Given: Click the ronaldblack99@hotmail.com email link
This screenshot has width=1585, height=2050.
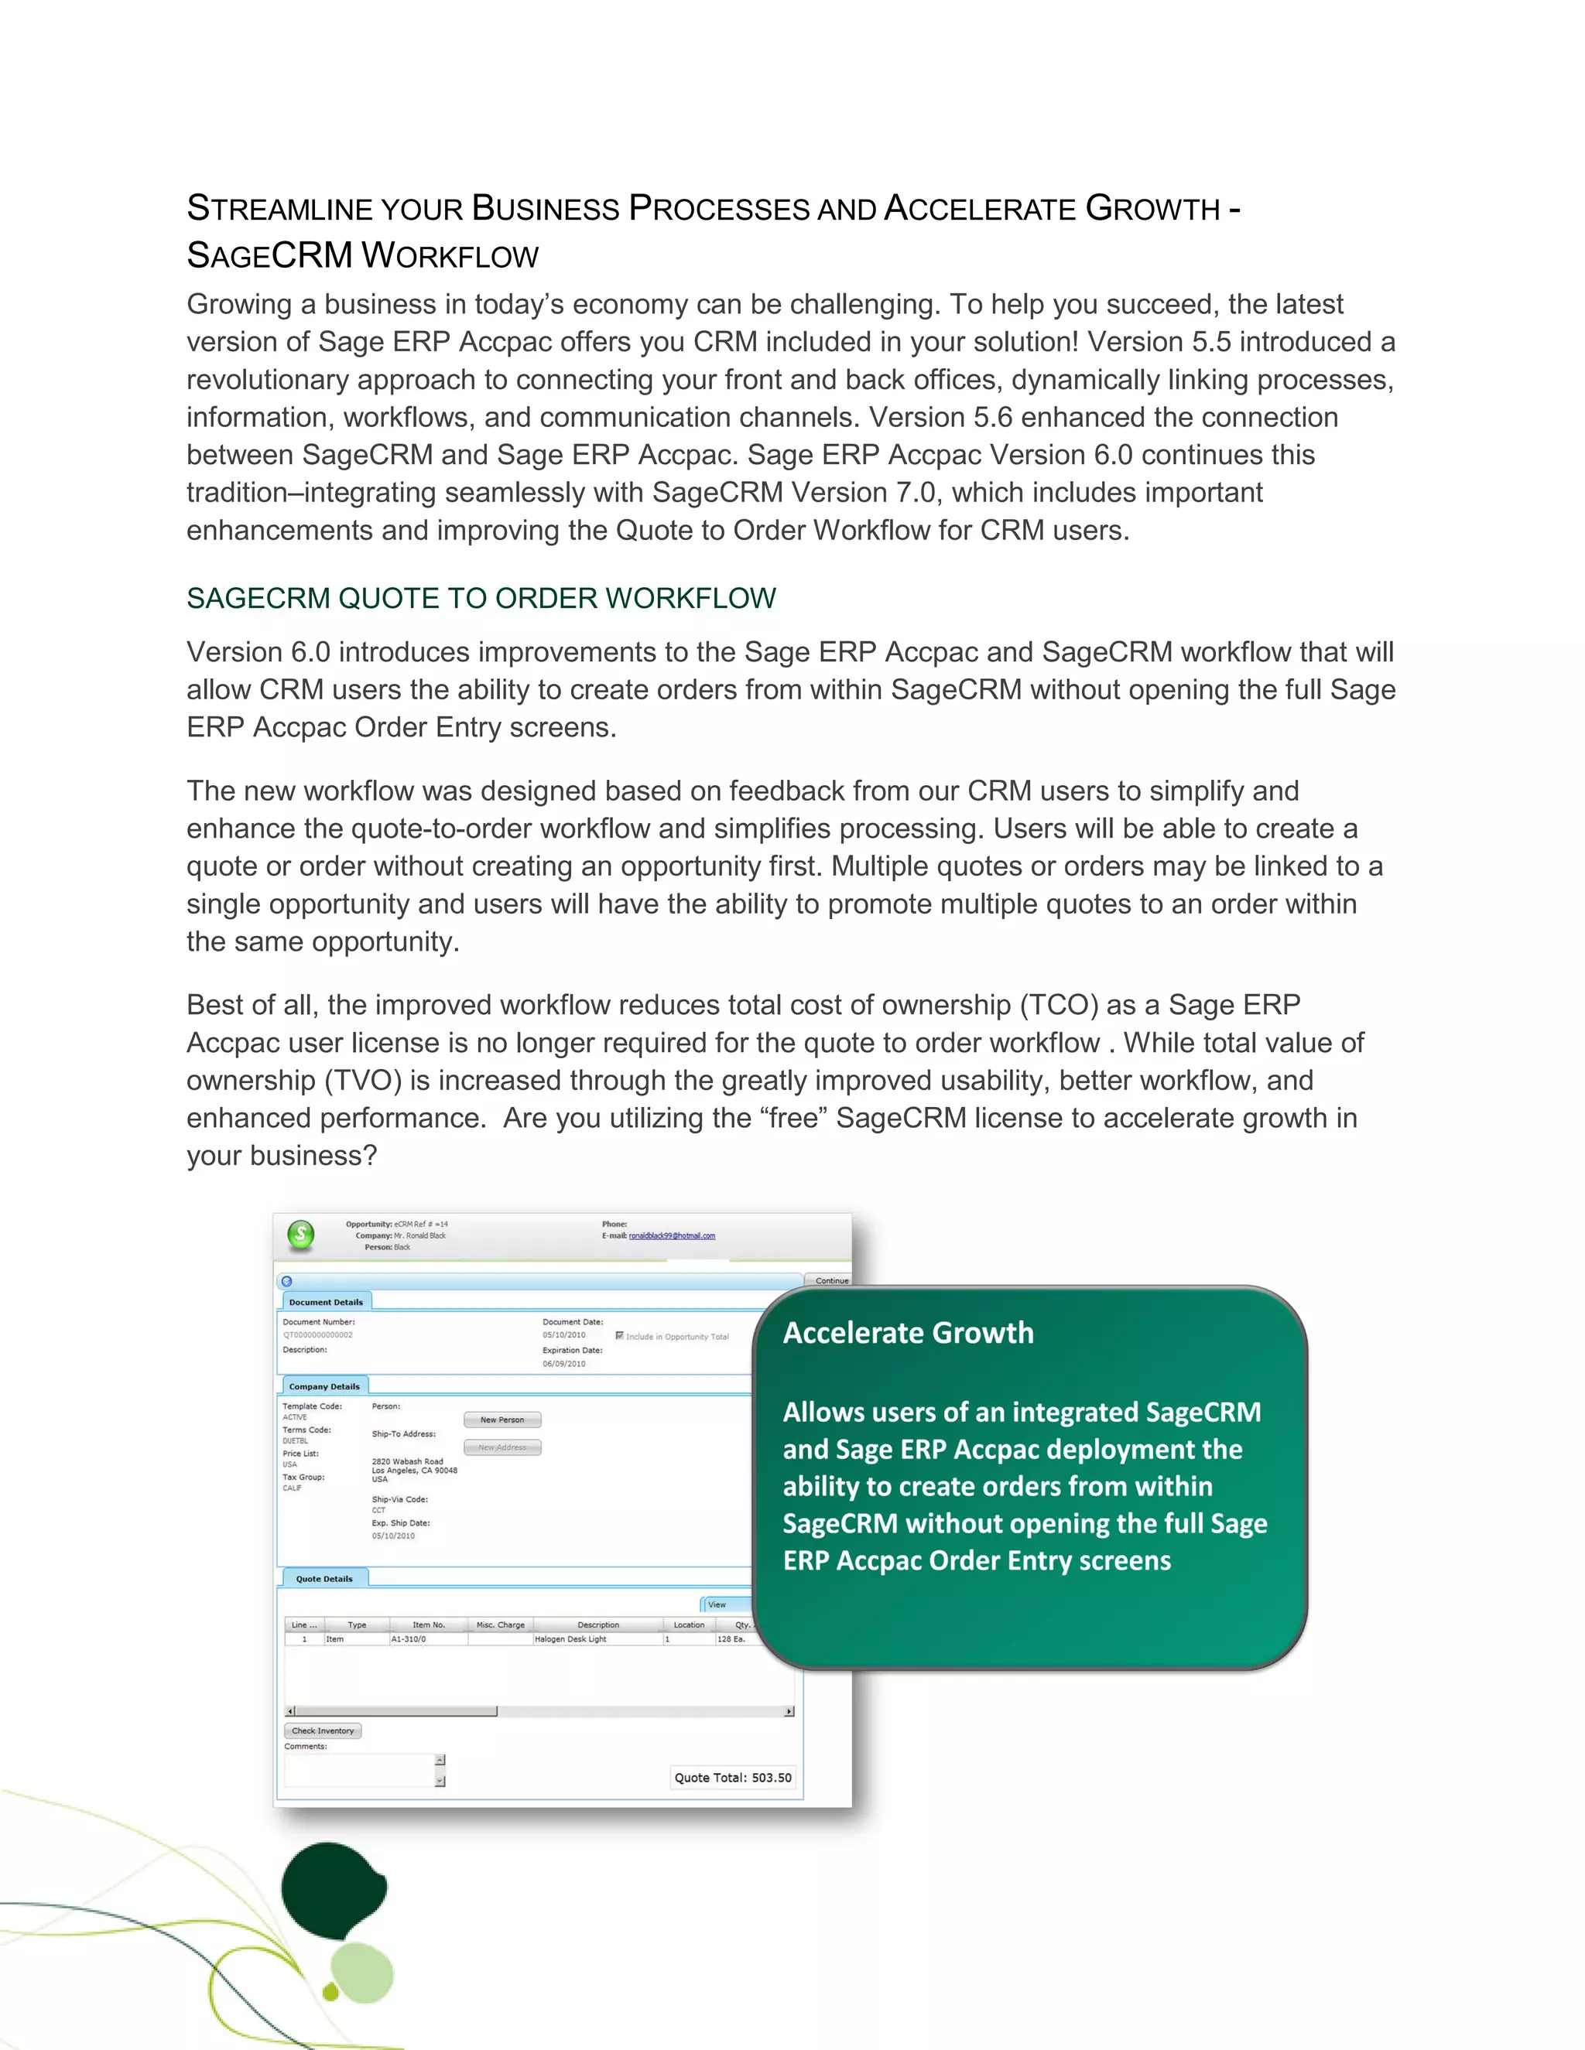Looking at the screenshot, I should [x=671, y=1236].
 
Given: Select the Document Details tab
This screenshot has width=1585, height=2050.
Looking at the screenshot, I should [x=326, y=1302].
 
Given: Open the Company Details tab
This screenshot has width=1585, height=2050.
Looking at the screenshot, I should [x=324, y=1386].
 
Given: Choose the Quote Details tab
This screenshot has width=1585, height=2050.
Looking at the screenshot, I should [x=324, y=1579].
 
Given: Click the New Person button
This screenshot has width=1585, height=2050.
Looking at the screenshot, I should [x=502, y=1420].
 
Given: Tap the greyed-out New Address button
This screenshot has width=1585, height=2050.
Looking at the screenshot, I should [x=502, y=1447].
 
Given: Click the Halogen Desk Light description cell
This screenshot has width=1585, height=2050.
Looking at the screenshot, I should [x=571, y=1639].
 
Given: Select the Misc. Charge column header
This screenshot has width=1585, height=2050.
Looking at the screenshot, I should [x=501, y=1625].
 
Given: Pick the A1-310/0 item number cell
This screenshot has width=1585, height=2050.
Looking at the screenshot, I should [x=409, y=1639].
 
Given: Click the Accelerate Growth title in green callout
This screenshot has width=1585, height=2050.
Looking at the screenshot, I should [x=908, y=1333].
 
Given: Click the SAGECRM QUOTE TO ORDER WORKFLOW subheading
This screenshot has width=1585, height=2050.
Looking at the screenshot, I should [x=481, y=598].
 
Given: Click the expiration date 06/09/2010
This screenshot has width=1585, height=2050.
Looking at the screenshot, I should [x=563, y=1364].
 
